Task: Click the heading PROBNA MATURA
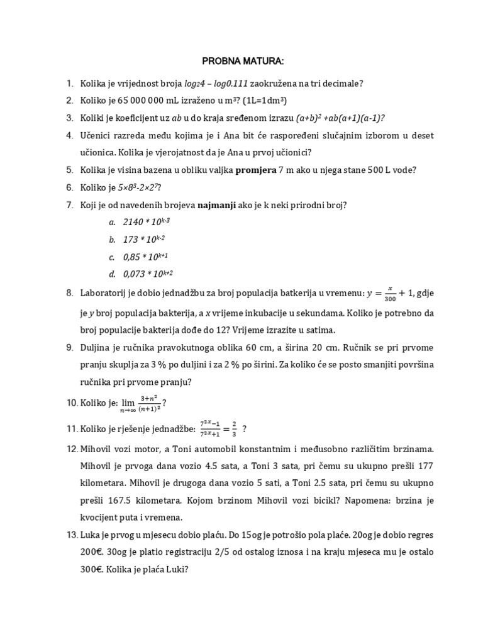point(243,61)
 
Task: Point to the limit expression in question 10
point(140,403)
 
